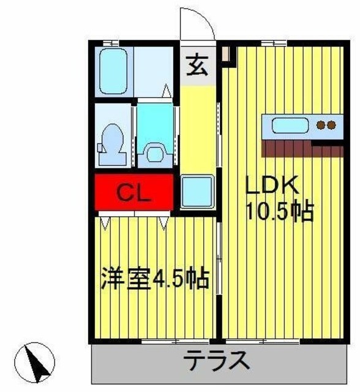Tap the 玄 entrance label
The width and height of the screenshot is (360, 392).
pos(197,63)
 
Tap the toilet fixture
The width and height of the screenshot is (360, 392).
pos(113,142)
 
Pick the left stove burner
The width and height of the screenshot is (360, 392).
pos(321,127)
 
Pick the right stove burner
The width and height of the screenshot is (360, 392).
pos(331,127)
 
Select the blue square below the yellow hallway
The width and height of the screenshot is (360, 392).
pos(198,192)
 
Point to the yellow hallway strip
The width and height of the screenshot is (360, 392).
pos(198,129)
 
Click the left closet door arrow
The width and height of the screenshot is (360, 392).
pos(105,222)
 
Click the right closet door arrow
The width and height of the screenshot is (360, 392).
pos(163,222)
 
